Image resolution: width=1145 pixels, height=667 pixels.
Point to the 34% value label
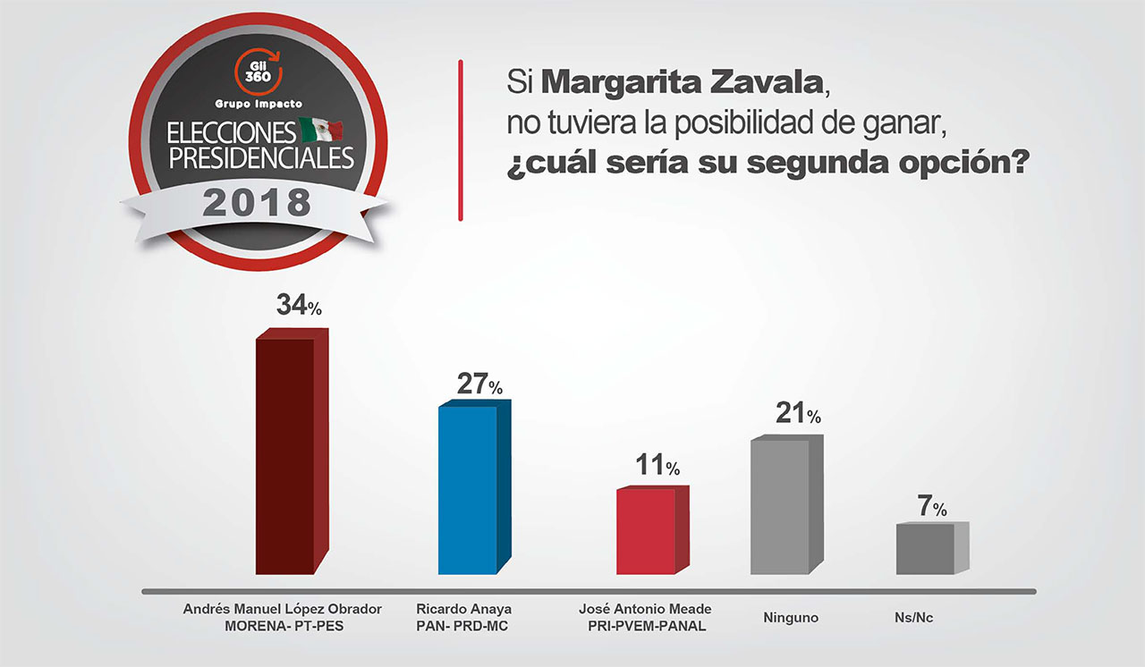point(299,306)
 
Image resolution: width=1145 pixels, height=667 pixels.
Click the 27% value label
point(480,385)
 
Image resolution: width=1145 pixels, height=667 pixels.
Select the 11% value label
point(658,466)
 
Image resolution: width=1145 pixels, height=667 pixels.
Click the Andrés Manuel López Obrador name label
point(283,608)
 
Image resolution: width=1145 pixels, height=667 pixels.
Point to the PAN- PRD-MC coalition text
point(462,626)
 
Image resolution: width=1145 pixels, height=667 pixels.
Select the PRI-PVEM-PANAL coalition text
point(646,626)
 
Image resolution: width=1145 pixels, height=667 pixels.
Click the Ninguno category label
point(791,617)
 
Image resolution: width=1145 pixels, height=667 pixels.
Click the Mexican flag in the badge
point(321,129)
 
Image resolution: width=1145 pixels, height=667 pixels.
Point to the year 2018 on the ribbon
point(257,202)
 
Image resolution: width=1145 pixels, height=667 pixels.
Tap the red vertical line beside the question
point(460,139)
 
